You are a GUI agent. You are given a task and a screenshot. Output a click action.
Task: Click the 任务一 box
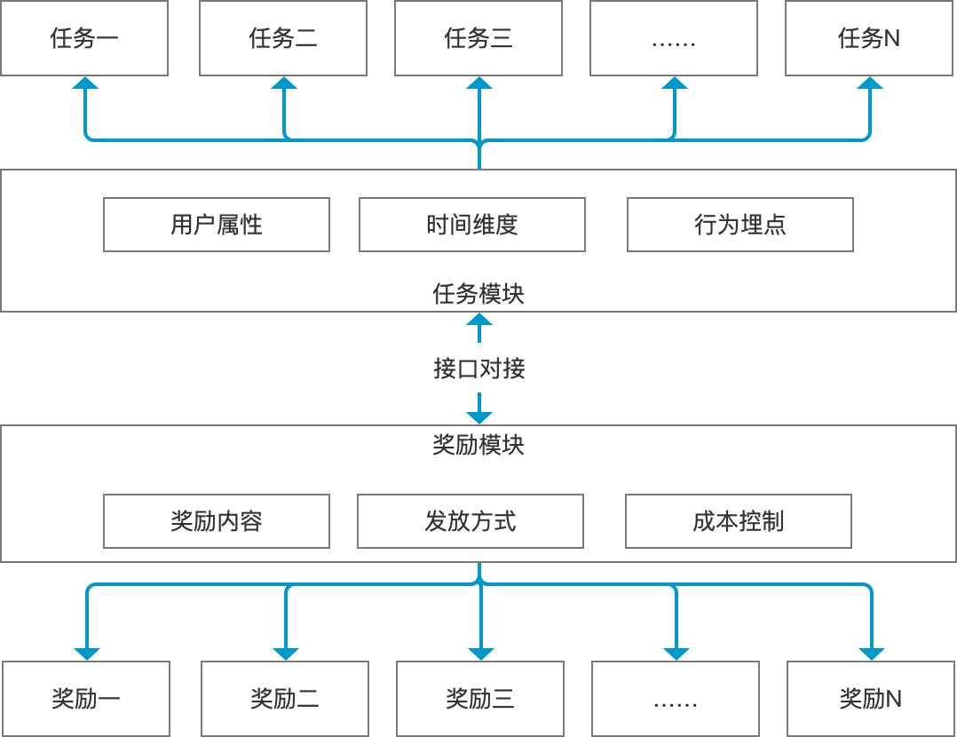[x=84, y=38]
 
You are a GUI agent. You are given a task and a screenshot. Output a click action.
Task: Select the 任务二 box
[x=283, y=38]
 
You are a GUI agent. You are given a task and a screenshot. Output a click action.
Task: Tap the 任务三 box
[x=478, y=38]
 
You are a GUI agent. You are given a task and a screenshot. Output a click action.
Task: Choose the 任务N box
[x=869, y=38]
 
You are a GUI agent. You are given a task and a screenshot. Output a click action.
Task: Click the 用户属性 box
[x=217, y=225]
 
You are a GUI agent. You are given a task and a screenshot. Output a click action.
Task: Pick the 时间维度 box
[x=471, y=225]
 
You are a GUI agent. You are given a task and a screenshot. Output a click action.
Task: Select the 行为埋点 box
[x=739, y=225]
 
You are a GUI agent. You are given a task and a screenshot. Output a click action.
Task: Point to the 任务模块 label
[x=478, y=294]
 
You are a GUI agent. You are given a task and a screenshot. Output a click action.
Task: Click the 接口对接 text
[x=478, y=368]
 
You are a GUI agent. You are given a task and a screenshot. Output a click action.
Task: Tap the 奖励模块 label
[x=478, y=445]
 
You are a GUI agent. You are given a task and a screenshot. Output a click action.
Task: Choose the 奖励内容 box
[x=217, y=521]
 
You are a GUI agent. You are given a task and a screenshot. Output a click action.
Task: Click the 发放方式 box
[x=471, y=521]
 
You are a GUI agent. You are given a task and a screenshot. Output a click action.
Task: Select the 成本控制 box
[x=738, y=521]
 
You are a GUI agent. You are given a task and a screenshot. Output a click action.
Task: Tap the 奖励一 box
[x=86, y=699]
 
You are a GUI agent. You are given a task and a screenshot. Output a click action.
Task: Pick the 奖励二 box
[x=285, y=699]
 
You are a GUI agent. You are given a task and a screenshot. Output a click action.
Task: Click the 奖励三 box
[x=480, y=699]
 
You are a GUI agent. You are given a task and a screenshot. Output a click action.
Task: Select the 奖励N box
[x=871, y=699]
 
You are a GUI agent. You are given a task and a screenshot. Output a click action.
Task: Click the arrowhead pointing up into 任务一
[x=86, y=83]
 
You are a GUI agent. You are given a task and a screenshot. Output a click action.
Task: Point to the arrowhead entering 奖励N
[x=872, y=653]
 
